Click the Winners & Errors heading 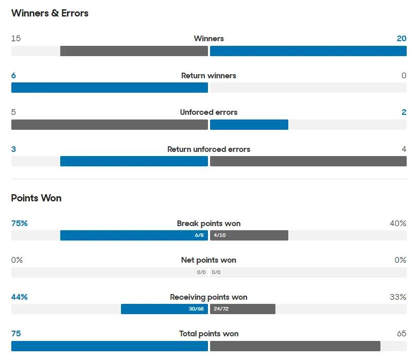click(49, 13)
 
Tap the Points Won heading click(36, 198)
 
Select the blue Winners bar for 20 click(308, 51)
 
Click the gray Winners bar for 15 click(134, 51)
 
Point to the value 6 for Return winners click(13, 76)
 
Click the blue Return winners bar click(109, 88)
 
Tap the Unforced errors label click(208, 112)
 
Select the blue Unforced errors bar click(249, 125)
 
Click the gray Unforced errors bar click(109, 125)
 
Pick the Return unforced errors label click(208, 149)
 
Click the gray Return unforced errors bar click(308, 161)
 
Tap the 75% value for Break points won click(19, 224)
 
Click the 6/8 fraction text click(199, 235)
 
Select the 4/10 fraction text click(220, 235)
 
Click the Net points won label click(208, 260)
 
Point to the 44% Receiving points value click(19, 297)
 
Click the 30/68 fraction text click(197, 309)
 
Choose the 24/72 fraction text click(221, 309)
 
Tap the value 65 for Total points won click(401, 334)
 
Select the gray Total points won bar click(295, 346)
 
